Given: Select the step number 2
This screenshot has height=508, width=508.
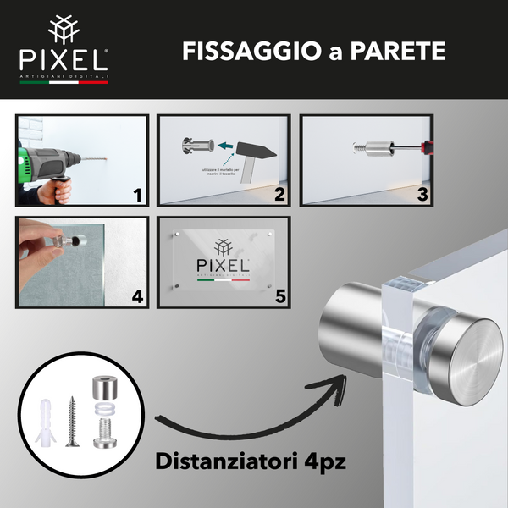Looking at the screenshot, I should pyautogui.click(x=278, y=196).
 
